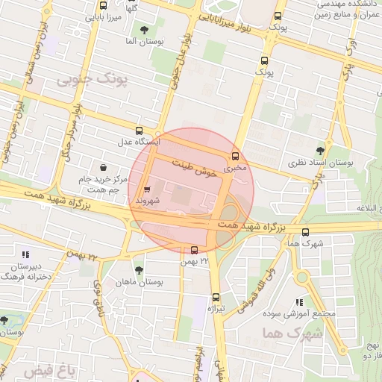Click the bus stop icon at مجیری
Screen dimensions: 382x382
[236, 157]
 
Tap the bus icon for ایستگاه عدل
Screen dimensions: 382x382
[139, 131]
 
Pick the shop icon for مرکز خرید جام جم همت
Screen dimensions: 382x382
[102, 167]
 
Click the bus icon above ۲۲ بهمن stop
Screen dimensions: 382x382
[195, 250]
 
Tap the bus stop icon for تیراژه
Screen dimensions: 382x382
[216, 297]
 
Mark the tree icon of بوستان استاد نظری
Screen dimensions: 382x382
[320, 151]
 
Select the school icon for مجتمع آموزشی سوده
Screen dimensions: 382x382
[300, 302]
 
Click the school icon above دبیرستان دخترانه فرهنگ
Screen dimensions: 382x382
[27, 254]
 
